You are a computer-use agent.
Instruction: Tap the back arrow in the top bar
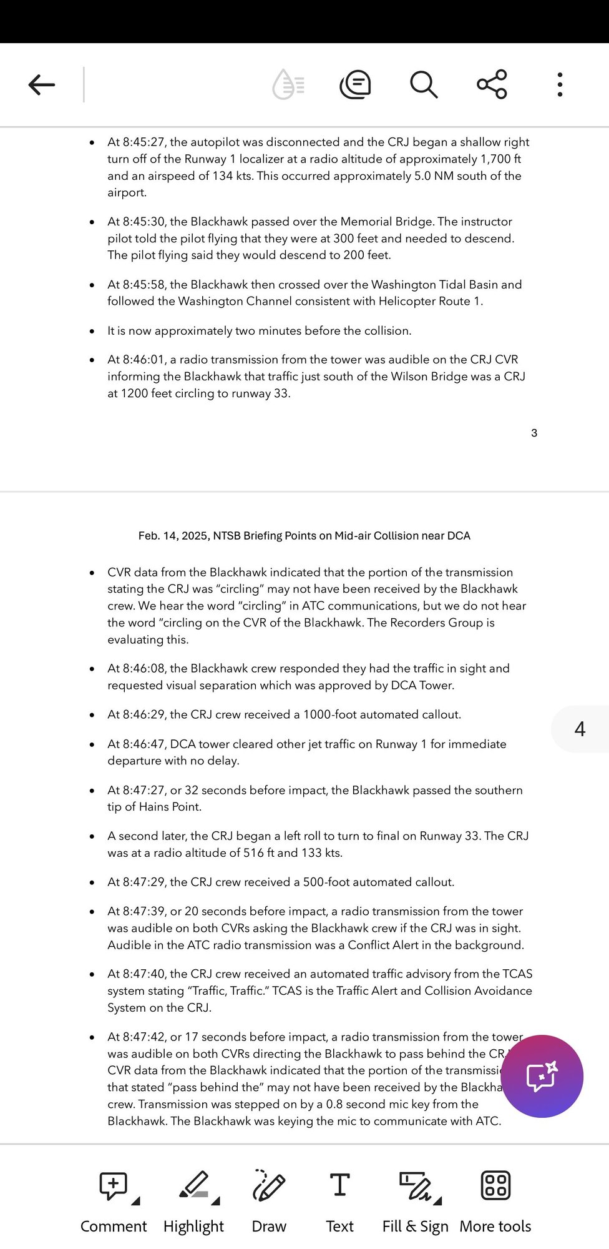[42, 84]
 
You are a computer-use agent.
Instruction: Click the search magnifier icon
[424, 84]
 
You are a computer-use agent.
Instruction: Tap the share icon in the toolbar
[492, 84]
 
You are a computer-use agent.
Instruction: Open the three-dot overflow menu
[560, 84]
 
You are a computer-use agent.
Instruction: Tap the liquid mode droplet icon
[288, 84]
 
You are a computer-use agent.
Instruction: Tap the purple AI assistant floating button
[542, 1076]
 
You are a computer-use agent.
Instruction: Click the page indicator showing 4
[580, 729]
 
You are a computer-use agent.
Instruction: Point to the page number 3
[534, 433]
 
